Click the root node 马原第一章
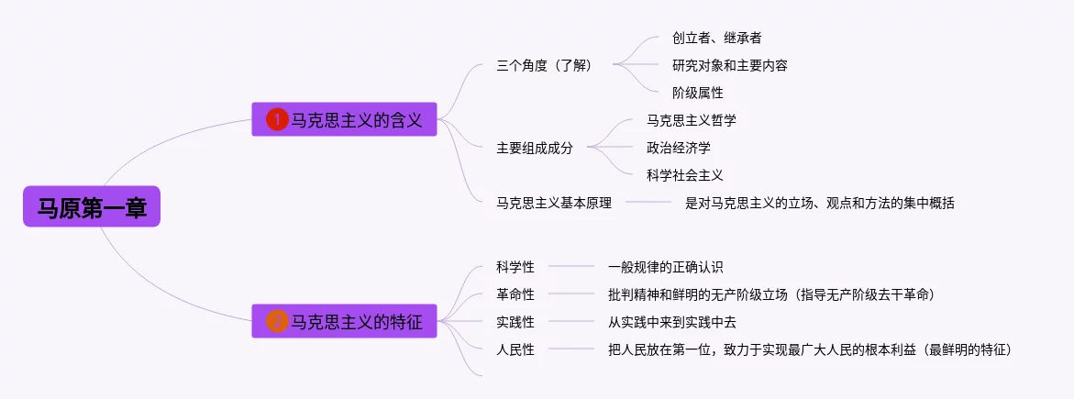pos(92,206)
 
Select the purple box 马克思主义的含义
pos(345,119)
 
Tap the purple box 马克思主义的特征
pos(345,321)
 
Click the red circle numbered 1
pos(277,120)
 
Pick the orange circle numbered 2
pos(277,321)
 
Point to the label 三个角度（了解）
pos(544,66)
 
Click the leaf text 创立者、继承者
pos(716,39)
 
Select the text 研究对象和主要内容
pos(729,66)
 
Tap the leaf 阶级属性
pos(698,93)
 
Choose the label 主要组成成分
pos(535,148)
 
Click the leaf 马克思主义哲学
pos(692,121)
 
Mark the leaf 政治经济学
pos(678,148)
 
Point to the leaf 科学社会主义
pos(685,175)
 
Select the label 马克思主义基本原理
pos(553,203)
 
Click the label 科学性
pos(515,267)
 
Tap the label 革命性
pos(515,294)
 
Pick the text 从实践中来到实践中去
pos(672,322)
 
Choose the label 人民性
pos(515,349)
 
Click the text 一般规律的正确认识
pos(666,267)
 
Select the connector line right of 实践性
pos(571,322)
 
